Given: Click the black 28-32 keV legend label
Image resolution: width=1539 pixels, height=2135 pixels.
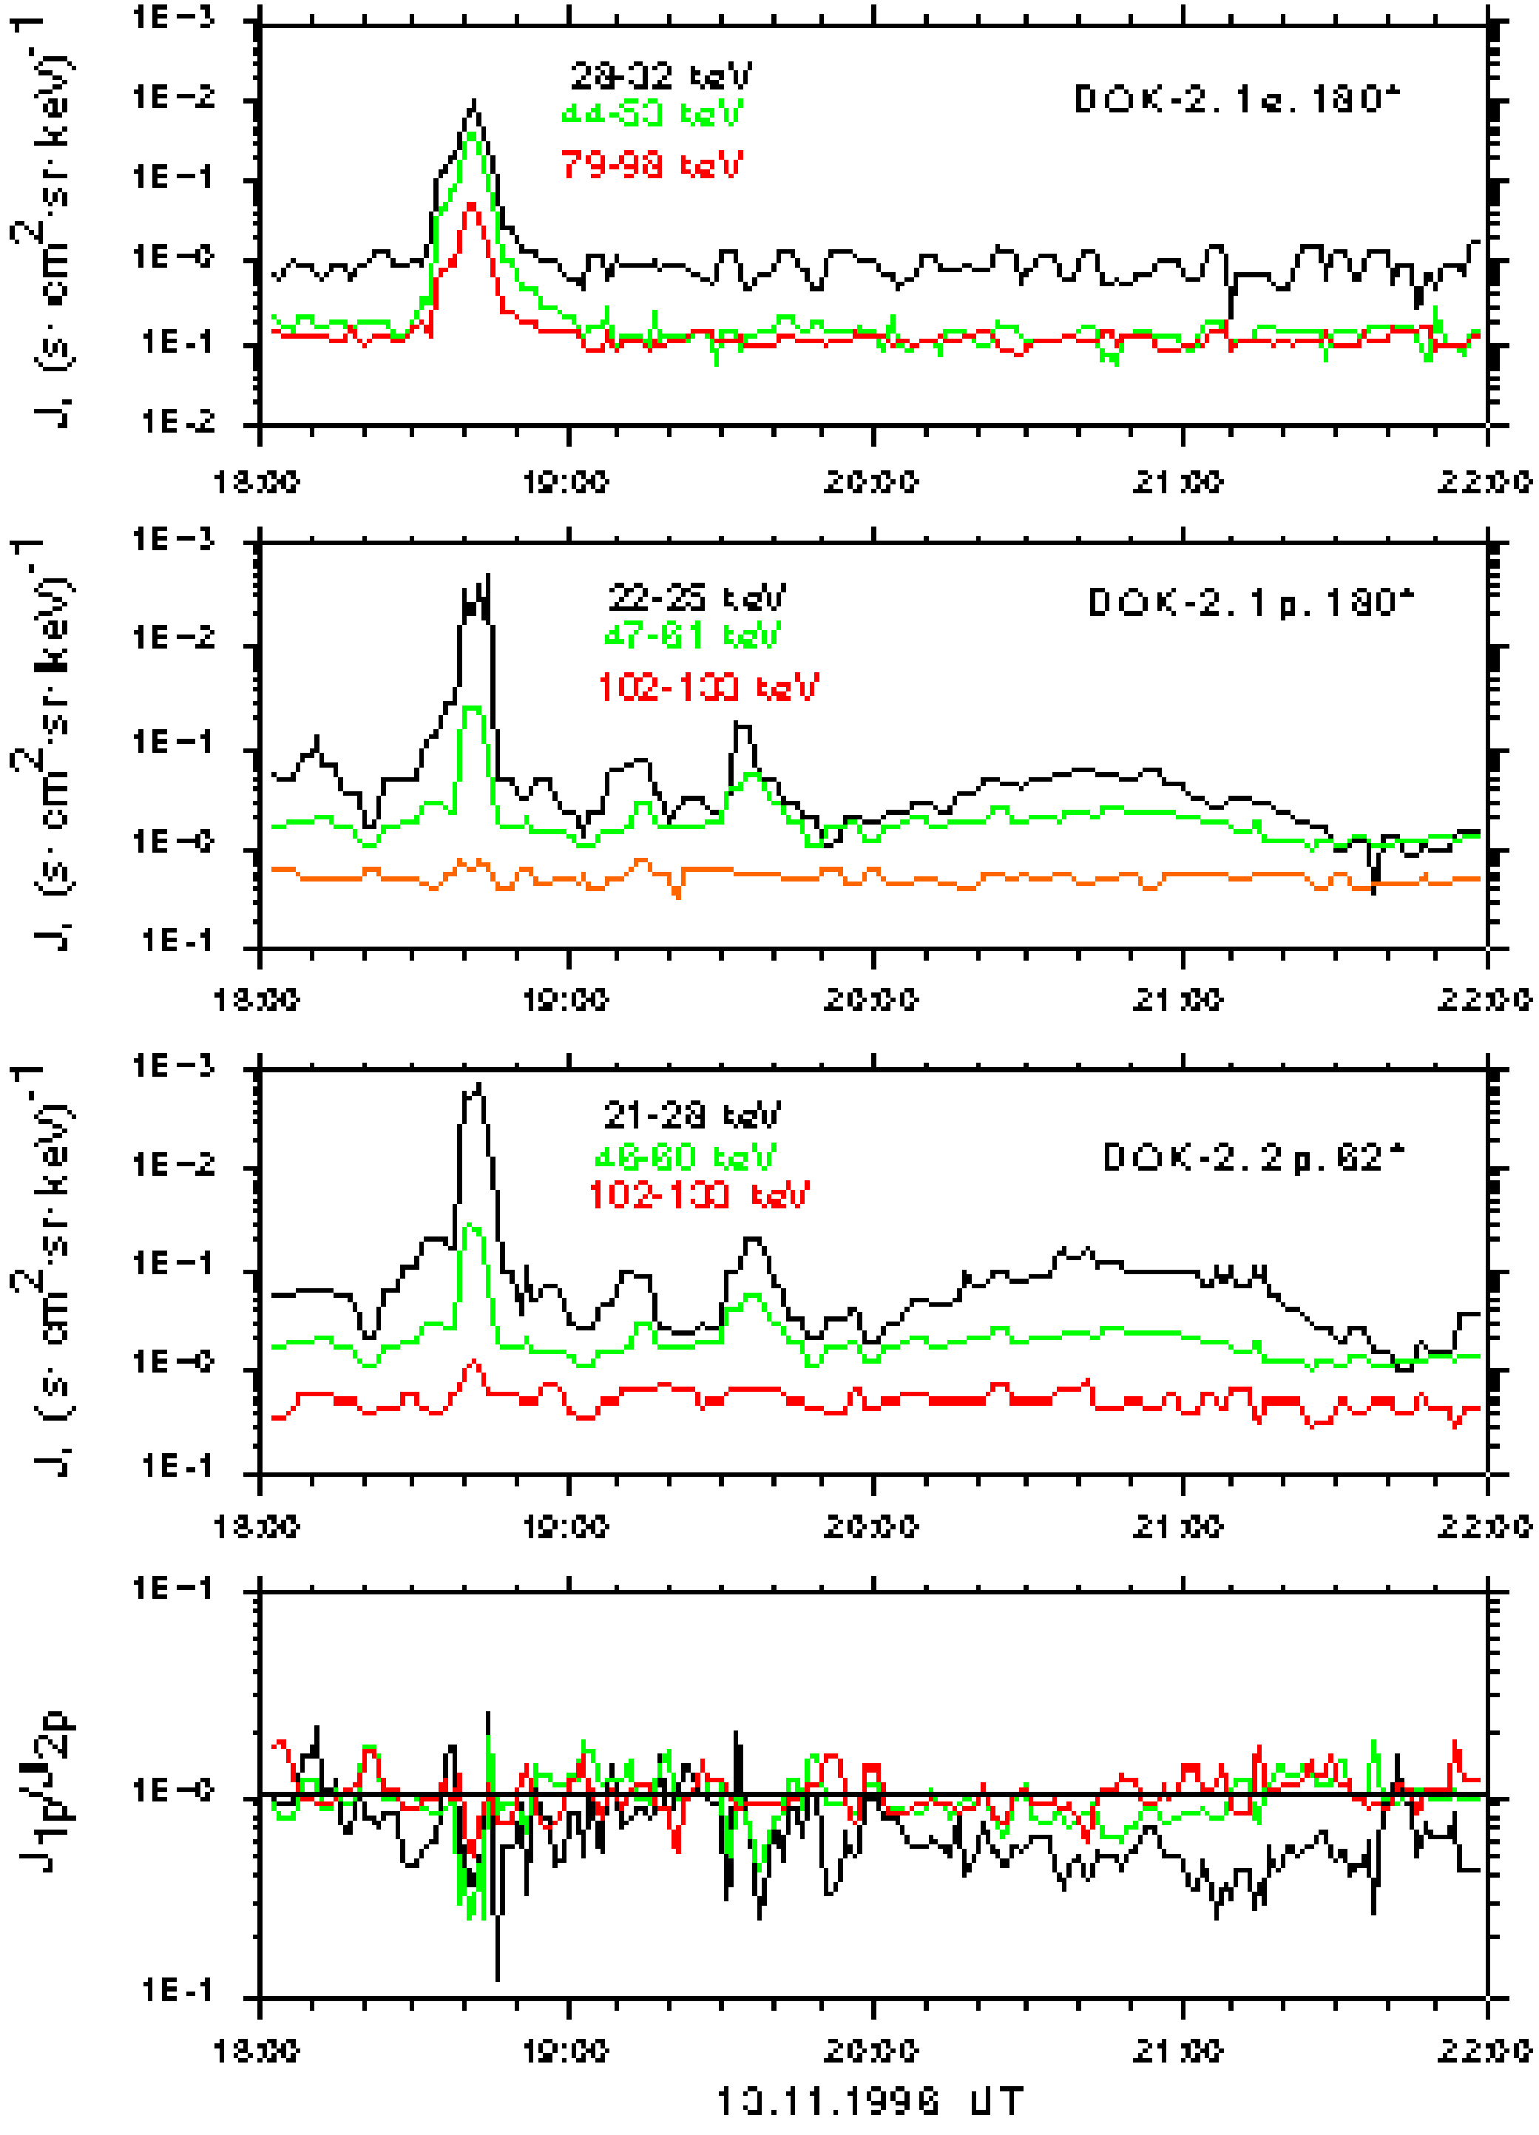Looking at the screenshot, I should point(660,75).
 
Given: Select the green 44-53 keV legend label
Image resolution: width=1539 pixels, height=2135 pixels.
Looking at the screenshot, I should point(652,113).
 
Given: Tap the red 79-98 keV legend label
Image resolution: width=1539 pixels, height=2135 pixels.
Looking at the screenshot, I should point(652,165).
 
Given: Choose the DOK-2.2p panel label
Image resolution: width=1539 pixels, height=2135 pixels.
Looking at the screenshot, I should point(1253,1157).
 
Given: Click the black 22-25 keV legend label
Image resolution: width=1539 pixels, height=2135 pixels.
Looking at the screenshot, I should point(697,597).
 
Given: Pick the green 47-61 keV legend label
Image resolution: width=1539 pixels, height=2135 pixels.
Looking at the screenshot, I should point(691,635).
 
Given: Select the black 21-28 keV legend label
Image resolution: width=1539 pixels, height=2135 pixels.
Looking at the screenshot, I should point(691,1115).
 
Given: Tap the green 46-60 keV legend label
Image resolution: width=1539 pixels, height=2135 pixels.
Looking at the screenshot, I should point(686,1156).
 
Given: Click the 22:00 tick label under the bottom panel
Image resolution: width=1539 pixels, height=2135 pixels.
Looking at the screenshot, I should point(1484,2050).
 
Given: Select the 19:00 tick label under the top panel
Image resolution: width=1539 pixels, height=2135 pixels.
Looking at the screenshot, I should point(566,483).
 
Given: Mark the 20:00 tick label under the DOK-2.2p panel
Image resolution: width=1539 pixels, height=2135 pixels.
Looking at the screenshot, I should point(872,1526).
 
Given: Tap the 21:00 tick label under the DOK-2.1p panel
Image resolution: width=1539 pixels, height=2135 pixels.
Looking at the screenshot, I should point(1179,999).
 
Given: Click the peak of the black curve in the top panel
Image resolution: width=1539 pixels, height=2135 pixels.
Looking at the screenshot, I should point(473,101).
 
